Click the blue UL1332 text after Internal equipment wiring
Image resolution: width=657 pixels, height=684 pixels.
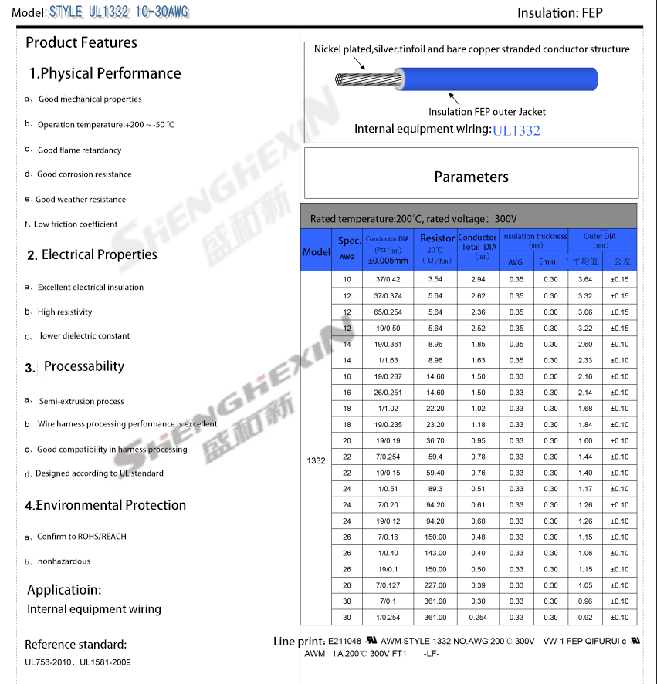516,130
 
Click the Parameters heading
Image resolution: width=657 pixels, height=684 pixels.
471,177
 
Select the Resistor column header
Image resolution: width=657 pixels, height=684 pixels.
437,238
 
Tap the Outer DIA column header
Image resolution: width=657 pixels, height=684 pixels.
599,236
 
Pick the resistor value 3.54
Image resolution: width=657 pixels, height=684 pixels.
435,279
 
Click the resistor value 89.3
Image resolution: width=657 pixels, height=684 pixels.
435,489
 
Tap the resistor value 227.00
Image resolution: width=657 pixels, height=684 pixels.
435,585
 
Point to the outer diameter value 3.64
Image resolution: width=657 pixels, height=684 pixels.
584,279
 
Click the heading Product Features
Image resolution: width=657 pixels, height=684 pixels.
81,42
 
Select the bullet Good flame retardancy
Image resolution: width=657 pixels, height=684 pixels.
80,150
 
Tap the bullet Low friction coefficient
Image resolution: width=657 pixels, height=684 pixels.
76,224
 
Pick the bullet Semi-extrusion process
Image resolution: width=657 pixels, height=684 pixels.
81,402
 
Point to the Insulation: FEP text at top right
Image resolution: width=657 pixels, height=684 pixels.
560,12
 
